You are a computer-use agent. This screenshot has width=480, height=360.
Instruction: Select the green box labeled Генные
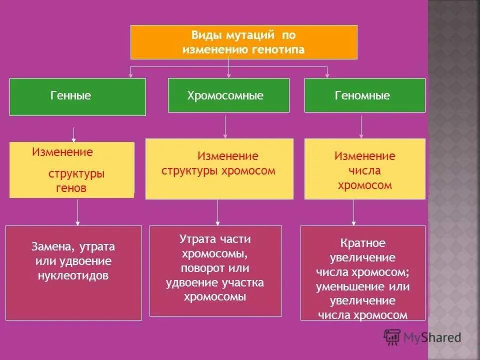pyautogui.click(x=77, y=96)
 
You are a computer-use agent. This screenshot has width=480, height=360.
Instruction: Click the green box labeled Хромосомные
pyautogui.click(x=228, y=95)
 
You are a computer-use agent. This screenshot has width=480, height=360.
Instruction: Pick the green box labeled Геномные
pyautogui.click(x=364, y=95)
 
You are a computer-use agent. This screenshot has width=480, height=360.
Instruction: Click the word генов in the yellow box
pyautogui.click(x=70, y=188)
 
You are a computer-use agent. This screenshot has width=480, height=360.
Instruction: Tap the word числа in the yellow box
pyautogui.click(x=365, y=170)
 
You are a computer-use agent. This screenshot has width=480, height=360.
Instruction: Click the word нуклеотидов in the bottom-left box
pyautogui.click(x=73, y=275)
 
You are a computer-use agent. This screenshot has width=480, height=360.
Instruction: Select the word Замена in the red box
pyautogui.click(x=48, y=246)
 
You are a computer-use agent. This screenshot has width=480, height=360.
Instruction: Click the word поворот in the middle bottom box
pyautogui.click(x=200, y=268)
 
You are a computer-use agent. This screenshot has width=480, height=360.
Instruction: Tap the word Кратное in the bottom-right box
pyautogui.click(x=363, y=243)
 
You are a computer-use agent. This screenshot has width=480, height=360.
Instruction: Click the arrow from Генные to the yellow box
pyautogui.click(x=74, y=134)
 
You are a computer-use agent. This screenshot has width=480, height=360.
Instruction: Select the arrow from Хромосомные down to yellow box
pyautogui.click(x=225, y=127)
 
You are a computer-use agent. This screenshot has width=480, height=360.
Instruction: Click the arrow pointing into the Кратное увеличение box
pyautogui.click(x=353, y=212)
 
